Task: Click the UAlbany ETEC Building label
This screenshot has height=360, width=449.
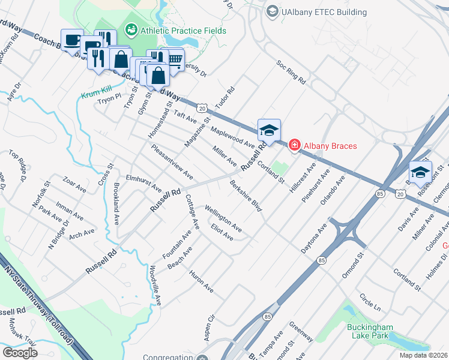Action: coord(325,12)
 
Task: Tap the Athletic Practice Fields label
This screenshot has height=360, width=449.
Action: coord(182,30)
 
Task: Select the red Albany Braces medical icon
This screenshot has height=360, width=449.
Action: coord(294,145)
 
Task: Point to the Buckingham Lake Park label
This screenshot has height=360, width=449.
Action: coord(370,331)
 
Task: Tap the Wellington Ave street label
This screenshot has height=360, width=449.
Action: coord(223,219)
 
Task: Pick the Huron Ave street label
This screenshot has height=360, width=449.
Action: coord(201,281)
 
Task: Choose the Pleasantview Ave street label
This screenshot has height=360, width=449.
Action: coord(172,162)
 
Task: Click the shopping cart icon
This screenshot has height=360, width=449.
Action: coord(175,59)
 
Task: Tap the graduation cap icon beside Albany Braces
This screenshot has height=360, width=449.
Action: coord(269,130)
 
